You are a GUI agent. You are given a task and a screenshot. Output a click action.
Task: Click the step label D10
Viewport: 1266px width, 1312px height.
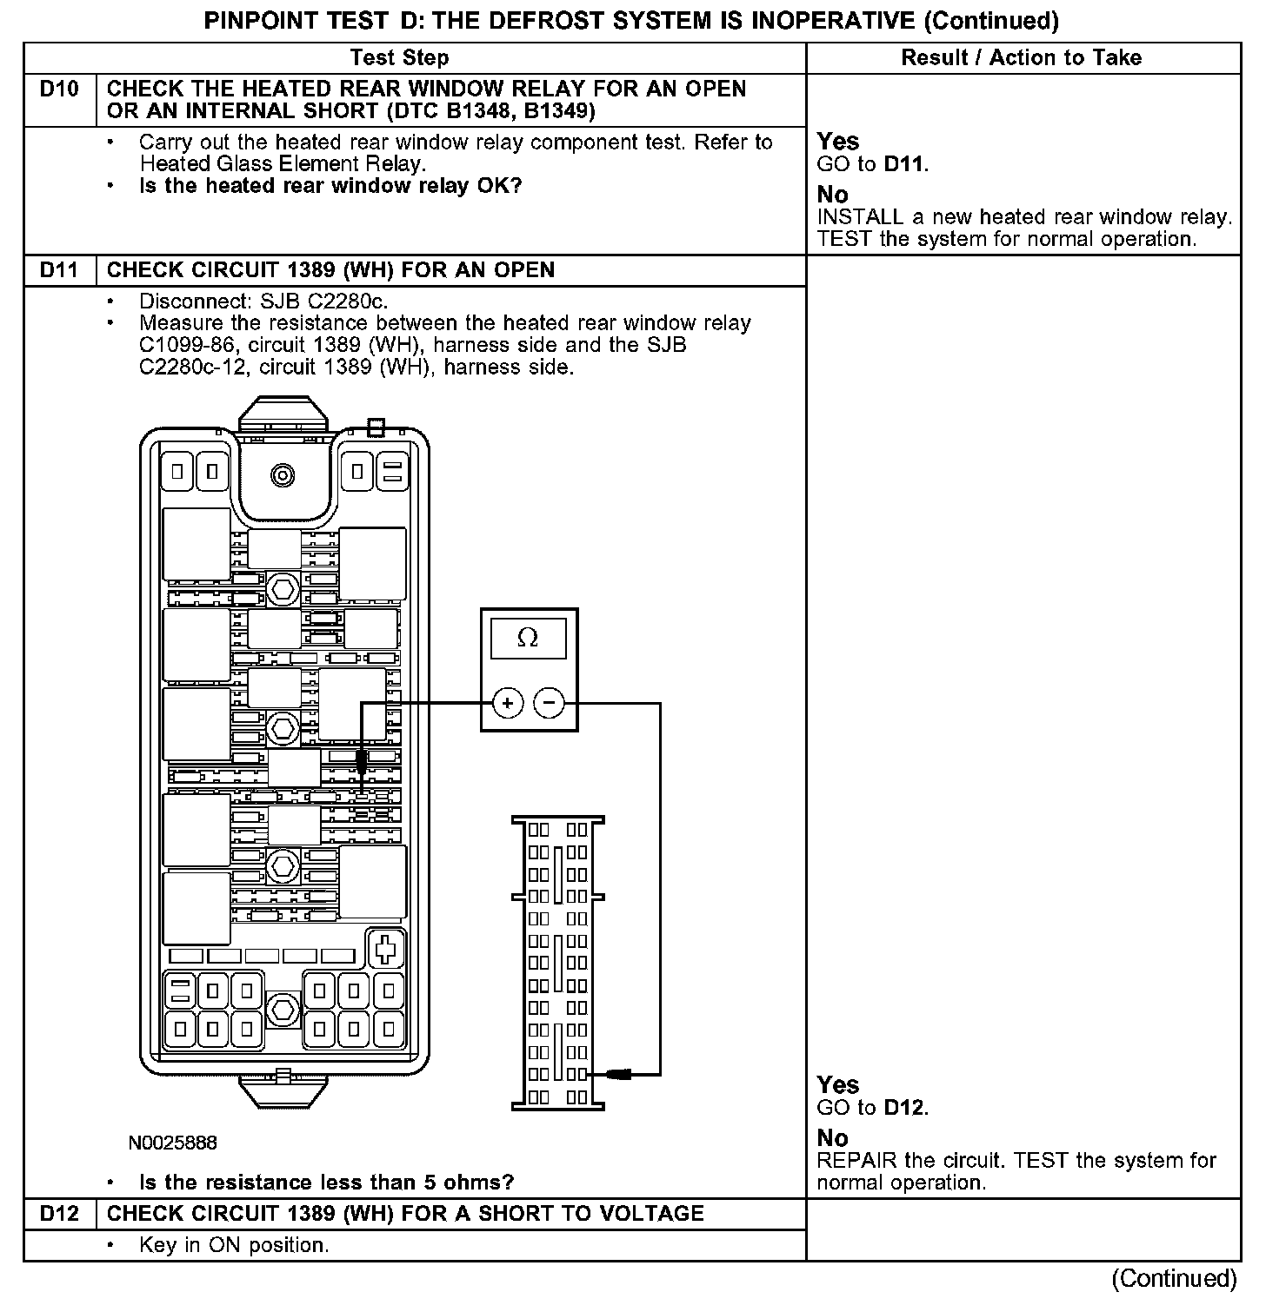59,89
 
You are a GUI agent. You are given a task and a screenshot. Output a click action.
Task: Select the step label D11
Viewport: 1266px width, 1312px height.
59,270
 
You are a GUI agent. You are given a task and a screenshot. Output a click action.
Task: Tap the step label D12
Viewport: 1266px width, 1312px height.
59,1214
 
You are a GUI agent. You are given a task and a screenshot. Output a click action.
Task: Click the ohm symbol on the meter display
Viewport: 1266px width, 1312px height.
528,639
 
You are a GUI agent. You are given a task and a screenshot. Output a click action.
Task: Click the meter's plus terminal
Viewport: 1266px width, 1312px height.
508,702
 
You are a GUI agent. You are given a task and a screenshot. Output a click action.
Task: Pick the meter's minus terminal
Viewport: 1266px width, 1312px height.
549,702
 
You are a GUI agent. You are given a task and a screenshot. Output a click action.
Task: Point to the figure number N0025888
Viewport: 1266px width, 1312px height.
172,1143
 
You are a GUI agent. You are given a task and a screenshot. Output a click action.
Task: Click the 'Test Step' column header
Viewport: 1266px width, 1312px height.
399,58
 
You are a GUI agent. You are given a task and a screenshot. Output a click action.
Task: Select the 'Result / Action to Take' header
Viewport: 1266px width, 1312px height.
1021,58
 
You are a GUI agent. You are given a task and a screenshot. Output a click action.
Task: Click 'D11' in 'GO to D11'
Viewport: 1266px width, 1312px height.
904,164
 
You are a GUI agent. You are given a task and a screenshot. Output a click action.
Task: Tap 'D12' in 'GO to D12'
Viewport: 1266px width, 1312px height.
904,1108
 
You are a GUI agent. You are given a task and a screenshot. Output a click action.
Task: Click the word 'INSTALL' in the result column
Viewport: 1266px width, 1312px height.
860,217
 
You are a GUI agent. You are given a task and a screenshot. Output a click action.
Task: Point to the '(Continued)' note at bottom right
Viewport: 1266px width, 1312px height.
1174,1278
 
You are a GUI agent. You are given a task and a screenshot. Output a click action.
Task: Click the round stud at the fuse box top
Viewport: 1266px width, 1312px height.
283,475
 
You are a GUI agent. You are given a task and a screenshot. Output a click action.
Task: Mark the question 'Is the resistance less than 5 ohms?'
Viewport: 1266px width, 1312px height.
326,1183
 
